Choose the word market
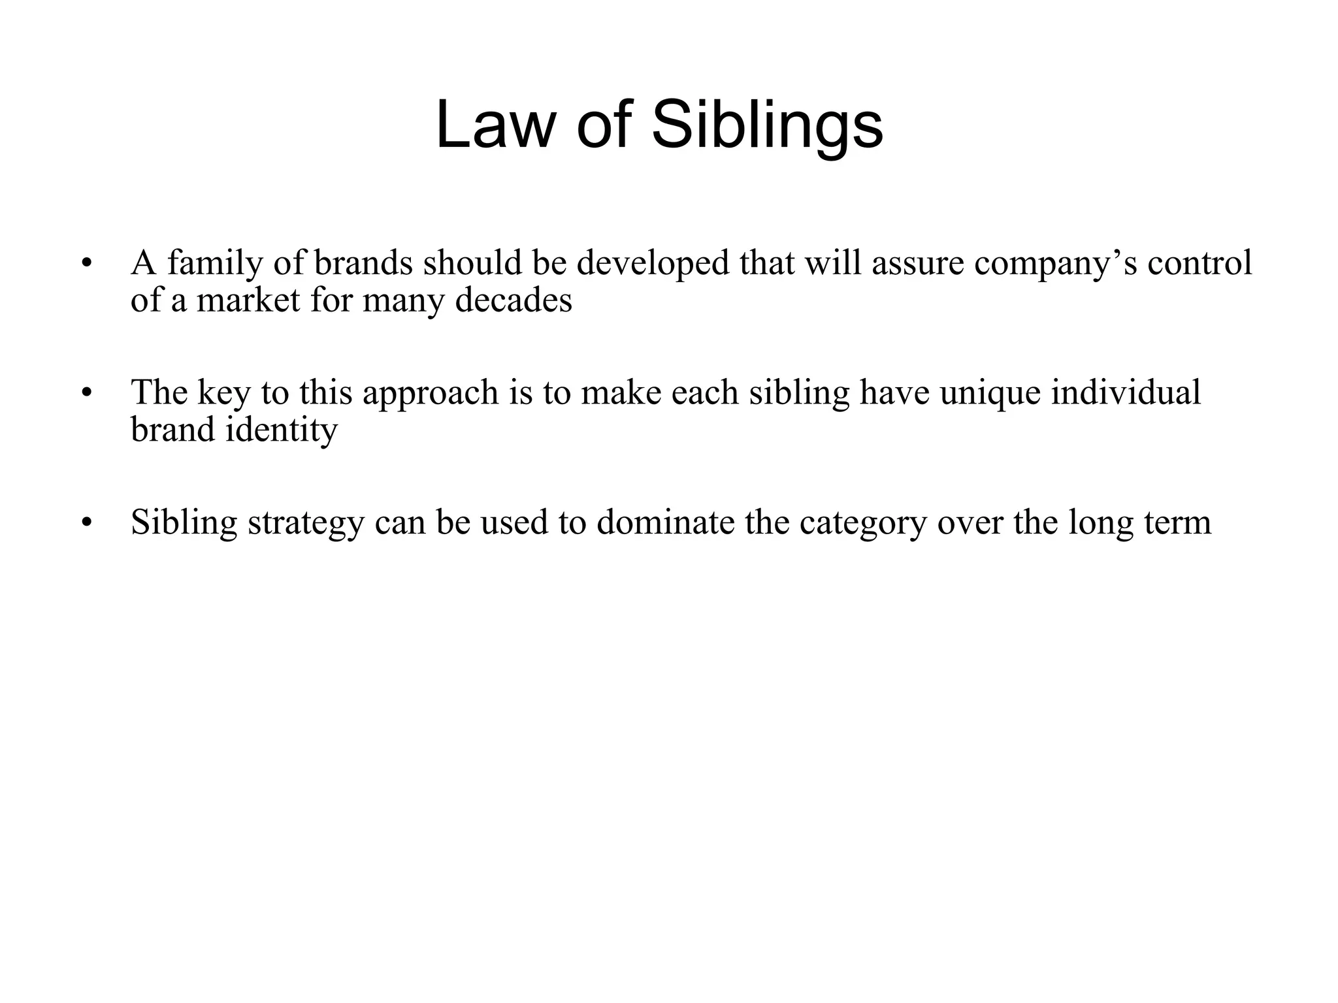[248, 300]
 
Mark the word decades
[513, 300]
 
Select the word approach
[431, 394]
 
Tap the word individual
[1126, 392]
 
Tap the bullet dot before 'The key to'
[86, 394]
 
